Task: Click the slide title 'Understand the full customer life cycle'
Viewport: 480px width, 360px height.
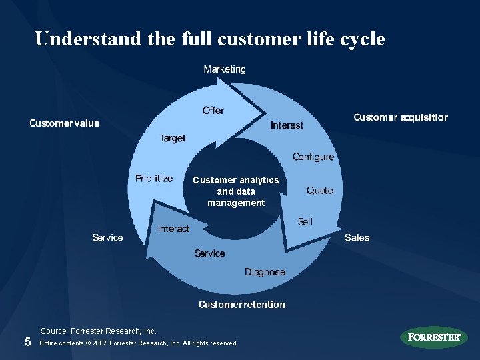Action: (x=210, y=39)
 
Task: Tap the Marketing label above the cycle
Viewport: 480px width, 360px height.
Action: (x=225, y=69)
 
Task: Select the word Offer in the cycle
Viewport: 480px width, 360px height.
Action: (x=213, y=111)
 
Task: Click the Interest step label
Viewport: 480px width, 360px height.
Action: (x=287, y=125)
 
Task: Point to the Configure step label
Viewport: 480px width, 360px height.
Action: (x=313, y=157)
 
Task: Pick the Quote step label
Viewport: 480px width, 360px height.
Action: (x=320, y=191)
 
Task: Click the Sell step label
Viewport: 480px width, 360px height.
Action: (x=305, y=221)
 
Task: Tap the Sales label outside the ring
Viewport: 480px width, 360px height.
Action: (x=357, y=237)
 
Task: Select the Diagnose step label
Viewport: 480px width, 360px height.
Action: (x=265, y=272)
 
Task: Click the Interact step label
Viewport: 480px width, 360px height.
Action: (x=173, y=229)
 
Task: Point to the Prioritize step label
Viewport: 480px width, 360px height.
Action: (x=154, y=179)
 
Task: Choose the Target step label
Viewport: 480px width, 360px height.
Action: (x=173, y=138)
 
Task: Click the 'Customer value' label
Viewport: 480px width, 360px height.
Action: (x=64, y=123)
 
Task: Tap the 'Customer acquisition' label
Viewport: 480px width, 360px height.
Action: (x=401, y=117)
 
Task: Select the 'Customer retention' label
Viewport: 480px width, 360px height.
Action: (x=242, y=305)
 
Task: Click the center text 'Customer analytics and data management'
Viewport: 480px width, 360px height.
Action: (x=236, y=191)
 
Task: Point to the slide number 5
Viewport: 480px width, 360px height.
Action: (x=27, y=342)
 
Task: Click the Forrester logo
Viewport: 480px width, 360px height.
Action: (x=434, y=337)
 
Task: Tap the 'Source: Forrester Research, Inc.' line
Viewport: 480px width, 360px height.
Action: (x=99, y=331)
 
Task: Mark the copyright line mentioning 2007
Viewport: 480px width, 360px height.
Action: (x=139, y=343)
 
